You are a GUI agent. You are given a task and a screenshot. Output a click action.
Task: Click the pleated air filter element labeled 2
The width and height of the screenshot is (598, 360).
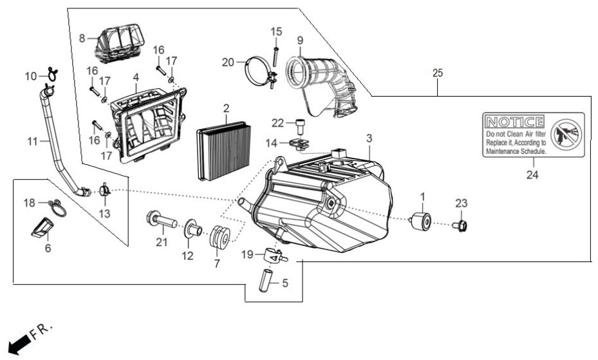(x=224, y=151)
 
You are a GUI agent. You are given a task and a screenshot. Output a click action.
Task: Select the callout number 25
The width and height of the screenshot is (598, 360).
(x=438, y=73)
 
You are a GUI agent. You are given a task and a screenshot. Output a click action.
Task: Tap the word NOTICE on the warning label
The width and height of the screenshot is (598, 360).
(x=514, y=122)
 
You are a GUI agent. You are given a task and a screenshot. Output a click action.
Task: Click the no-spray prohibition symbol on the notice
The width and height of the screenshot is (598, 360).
(x=566, y=134)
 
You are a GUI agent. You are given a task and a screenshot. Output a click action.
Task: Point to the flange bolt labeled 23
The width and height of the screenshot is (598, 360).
(x=460, y=226)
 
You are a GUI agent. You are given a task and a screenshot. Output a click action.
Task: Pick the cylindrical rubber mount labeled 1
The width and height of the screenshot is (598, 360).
(x=420, y=221)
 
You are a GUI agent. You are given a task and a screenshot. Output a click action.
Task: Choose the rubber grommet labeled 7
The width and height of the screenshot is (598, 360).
(x=220, y=236)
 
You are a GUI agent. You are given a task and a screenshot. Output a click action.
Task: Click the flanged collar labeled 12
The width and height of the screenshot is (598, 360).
(x=193, y=230)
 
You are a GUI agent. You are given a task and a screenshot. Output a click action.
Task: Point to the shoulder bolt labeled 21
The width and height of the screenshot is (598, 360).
(x=162, y=220)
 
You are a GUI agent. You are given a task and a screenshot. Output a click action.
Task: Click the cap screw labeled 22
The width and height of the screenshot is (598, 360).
(x=300, y=127)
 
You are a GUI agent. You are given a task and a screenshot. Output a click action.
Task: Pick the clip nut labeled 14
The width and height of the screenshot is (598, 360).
(x=299, y=144)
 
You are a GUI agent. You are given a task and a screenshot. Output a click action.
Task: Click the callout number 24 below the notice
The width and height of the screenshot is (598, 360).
(x=532, y=175)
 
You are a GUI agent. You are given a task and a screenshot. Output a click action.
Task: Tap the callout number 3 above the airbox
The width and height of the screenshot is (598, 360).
(x=369, y=138)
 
